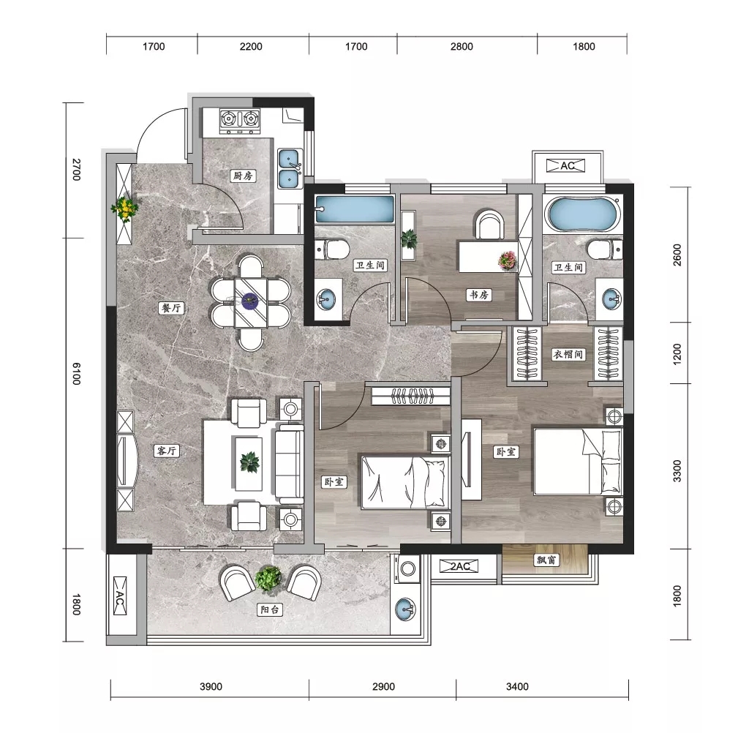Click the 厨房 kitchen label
tap(243, 176)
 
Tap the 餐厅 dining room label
tap(171, 308)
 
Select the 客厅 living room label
tap(167, 451)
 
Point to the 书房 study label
tap(479, 295)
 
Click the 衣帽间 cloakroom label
tap(568, 354)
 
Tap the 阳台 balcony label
tap(270, 609)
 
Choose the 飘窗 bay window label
tap(546, 560)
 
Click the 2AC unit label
tap(459, 566)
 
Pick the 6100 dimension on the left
tap(76, 374)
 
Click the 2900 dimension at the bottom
tap(383, 686)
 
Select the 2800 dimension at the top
tap(462, 46)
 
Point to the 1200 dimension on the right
tap(677, 354)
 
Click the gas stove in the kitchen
tap(240, 120)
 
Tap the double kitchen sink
tap(290, 168)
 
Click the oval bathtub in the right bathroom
tap(582, 214)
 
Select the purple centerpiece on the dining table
tap(249, 300)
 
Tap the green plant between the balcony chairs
tap(268, 579)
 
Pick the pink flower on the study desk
tap(507, 260)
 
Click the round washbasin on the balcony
tap(405, 609)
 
